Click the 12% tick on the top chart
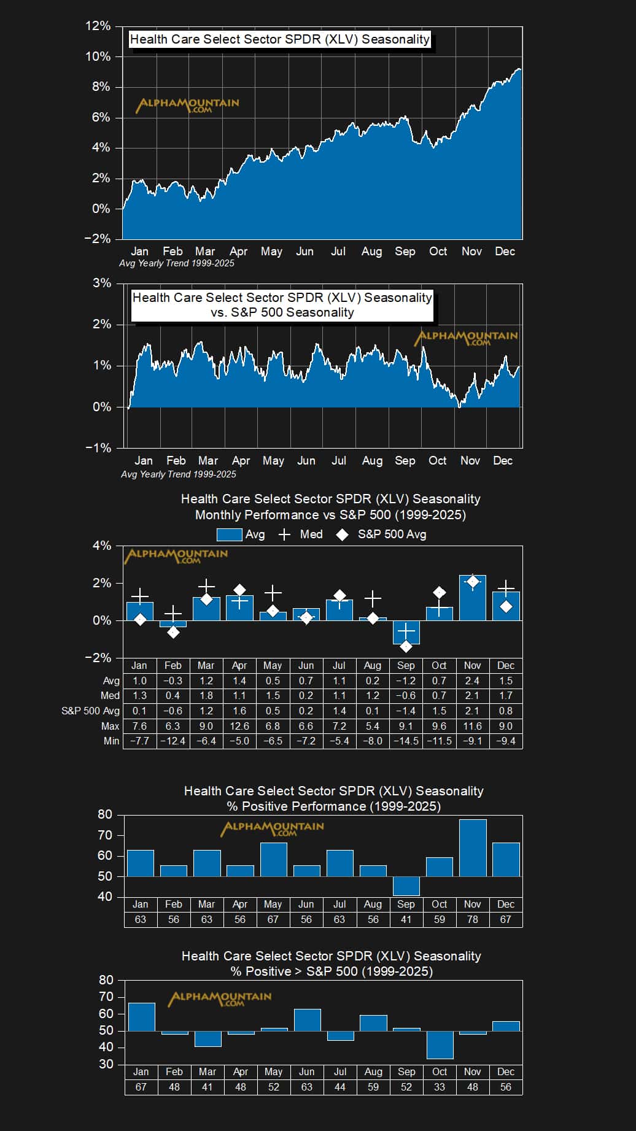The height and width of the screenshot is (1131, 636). (x=98, y=26)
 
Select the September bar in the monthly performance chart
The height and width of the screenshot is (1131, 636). (x=406, y=632)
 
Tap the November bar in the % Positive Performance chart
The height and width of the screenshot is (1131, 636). (x=473, y=847)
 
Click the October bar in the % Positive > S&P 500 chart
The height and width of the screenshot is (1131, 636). (x=440, y=1044)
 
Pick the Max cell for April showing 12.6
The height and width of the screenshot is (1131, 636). (x=239, y=726)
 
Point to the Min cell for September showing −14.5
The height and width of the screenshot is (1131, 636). (x=406, y=741)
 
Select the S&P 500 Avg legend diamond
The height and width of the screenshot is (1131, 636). (x=343, y=535)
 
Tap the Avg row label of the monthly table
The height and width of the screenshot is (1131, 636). (x=111, y=681)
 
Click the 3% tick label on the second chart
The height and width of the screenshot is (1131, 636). (x=102, y=283)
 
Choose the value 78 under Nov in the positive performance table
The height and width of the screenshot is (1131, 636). (x=472, y=919)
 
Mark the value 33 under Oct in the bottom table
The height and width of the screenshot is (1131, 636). (x=440, y=1087)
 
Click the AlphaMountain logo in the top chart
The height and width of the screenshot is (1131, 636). (x=187, y=105)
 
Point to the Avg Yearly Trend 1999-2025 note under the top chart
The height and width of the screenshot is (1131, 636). (x=176, y=263)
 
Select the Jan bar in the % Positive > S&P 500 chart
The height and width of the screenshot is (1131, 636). (x=141, y=1017)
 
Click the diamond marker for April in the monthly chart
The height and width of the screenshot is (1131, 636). (x=239, y=590)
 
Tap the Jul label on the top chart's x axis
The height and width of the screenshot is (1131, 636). (x=338, y=252)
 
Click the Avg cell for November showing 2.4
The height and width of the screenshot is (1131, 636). (x=472, y=681)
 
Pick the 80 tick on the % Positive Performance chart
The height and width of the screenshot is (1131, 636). (x=105, y=814)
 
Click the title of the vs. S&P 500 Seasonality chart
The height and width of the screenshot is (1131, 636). (x=282, y=305)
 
